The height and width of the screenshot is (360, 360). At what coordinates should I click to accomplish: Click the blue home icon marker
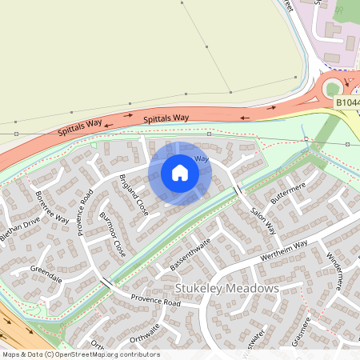[180, 173]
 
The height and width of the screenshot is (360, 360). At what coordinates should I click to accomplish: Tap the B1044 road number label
[346, 102]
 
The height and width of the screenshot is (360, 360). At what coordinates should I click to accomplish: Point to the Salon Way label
[262, 217]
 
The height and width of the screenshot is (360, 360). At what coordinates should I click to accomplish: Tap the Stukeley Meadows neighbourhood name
[226, 288]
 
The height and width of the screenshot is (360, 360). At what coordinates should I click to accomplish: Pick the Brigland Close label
[134, 194]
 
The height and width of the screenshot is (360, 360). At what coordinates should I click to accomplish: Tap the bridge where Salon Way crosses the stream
[238, 190]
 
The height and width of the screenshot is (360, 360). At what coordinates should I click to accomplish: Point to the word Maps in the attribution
[11, 354]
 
